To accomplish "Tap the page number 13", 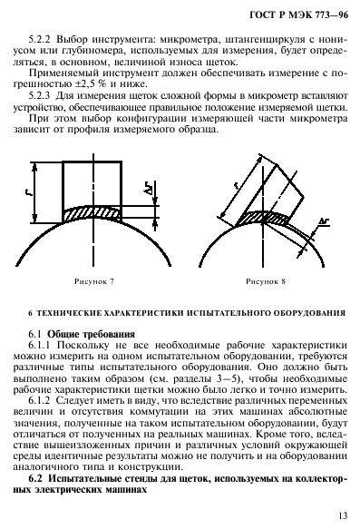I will pyautogui.click(x=341, y=515).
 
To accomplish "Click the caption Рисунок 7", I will pyautogui.click(x=95, y=283).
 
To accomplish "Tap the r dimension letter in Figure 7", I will pyautogui.click(x=29, y=193).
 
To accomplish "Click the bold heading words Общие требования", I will pyautogui.click(x=90, y=332).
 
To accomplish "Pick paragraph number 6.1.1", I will pyautogui.click(x=44, y=345).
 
